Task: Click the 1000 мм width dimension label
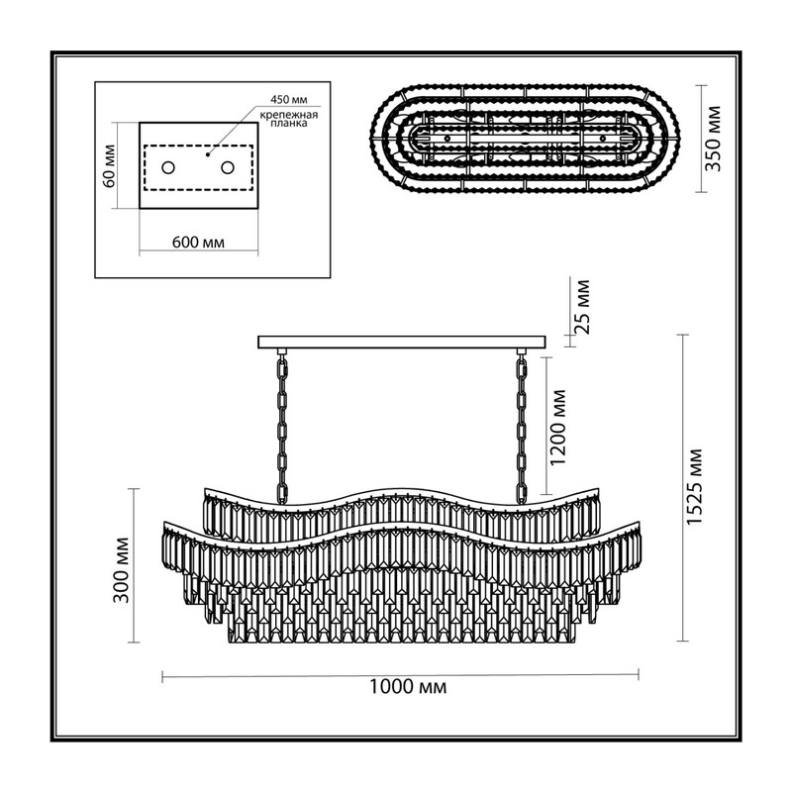click(x=408, y=687)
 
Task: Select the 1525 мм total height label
click(x=695, y=487)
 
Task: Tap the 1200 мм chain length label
click(x=558, y=427)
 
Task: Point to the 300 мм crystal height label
click(x=121, y=570)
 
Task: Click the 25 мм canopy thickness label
click(x=582, y=306)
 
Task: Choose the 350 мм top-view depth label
click(x=713, y=139)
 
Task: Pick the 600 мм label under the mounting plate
click(x=198, y=242)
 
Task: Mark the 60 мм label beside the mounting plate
click(x=109, y=166)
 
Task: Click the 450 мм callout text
click(x=288, y=100)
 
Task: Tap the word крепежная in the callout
click(x=289, y=115)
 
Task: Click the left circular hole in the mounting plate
click(x=168, y=167)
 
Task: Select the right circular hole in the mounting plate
click(x=228, y=167)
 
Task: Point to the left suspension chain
click(x=282, y=428)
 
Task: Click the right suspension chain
click(x=522, y=428)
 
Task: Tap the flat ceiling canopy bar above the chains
click(x=402, y=342)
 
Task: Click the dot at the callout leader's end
click(x=208, y=154)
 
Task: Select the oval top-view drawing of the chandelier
click(x=526, y=139)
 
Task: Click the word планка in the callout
click(x=289, y=123)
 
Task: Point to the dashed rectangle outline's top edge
click(x=198, y=146)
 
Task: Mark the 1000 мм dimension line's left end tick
click(x=162, y=676)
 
